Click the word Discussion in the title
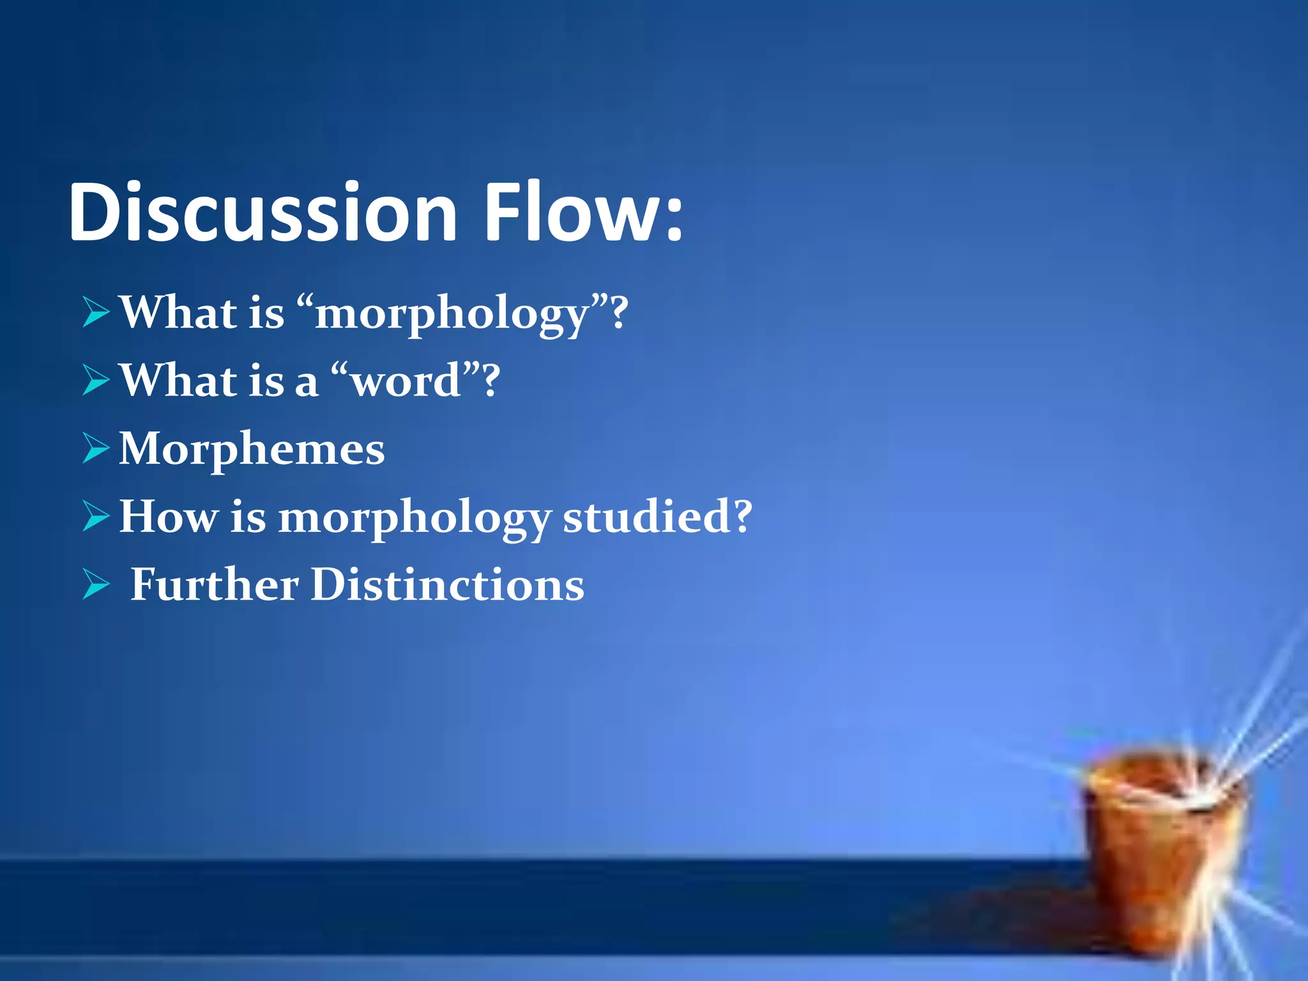tap(262, 212)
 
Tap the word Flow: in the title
tap(582, 212)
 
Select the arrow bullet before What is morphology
tap(96, 313)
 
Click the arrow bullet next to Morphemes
tap(96, 449)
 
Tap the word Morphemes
tap(252, 449)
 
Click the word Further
tap(214, 584)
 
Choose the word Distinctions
tap(447, 584)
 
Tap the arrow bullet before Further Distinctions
tap(96, 585)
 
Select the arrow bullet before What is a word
tap(96, 381)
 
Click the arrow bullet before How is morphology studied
tap(96, 517)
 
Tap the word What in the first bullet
tap(178, 313)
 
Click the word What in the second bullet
tap(178, 381)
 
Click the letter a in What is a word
tap(306, 384)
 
